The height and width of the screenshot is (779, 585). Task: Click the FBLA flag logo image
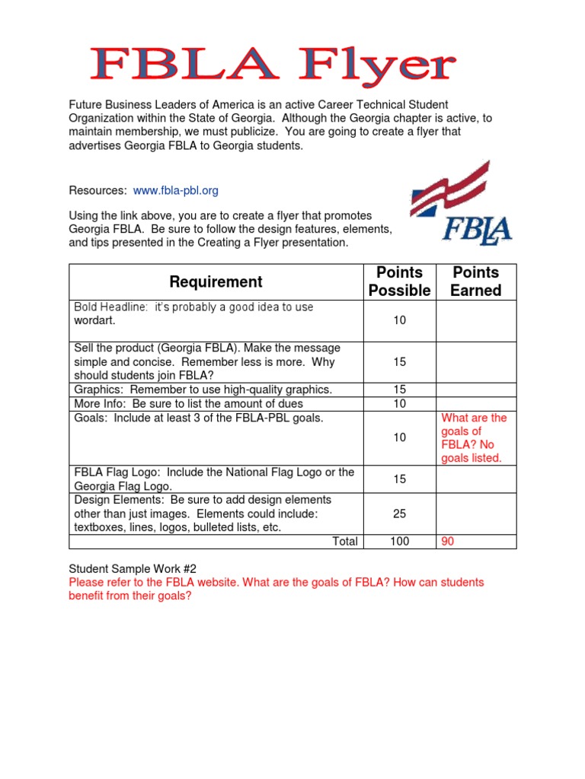pos(461,203)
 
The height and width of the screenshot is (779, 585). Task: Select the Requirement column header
pos(216,282)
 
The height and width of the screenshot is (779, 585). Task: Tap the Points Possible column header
pos(399,281)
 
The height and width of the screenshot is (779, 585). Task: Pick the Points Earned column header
pos(476,281)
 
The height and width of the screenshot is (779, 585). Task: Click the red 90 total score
pos(449,541)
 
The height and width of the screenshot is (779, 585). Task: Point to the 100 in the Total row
pos(399,541)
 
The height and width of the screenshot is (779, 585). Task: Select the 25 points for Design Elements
pos(399,514)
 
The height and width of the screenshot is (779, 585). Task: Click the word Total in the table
pos(345,541)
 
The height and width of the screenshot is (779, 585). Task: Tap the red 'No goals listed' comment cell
pos(474,438)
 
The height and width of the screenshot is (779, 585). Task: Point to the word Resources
pos(97,190)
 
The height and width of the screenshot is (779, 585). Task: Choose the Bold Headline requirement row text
pos(193,313)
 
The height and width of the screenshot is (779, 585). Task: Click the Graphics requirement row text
pos(203,389)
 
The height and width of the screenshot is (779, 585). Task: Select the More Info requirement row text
pos(188,403)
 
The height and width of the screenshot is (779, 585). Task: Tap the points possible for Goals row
pos(399,437)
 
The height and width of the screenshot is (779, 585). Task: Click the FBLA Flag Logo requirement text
pos(214,479)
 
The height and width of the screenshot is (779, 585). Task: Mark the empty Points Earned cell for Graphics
pos(476,389)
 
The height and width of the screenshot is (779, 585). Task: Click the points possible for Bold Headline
pos(399,320)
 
